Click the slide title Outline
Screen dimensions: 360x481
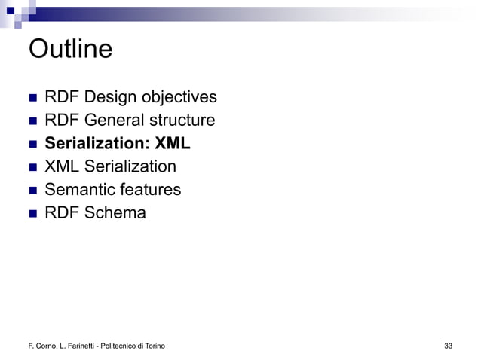70,50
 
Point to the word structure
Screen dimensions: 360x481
180,121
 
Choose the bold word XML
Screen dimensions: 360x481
173,144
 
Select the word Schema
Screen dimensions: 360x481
116,213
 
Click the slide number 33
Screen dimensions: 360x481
449,346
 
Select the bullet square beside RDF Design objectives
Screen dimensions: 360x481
32,99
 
